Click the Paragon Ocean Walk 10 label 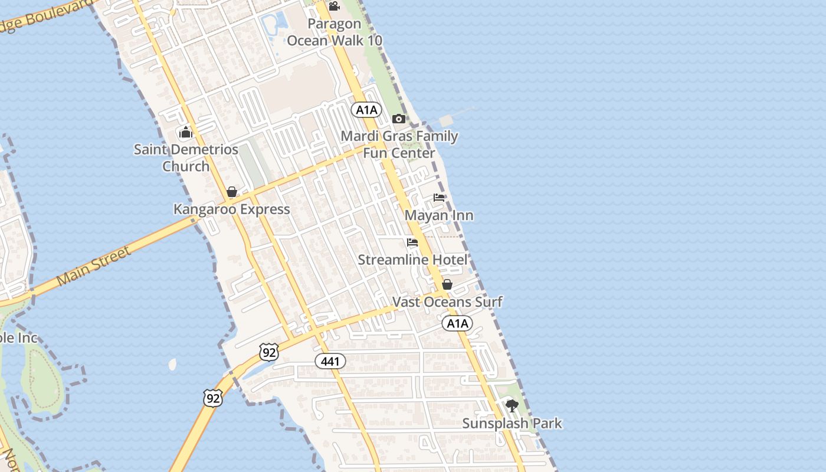(x=335, y=32)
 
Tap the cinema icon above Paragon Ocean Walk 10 (x=334, y=6)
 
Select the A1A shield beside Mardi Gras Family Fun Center (x=366, y=110)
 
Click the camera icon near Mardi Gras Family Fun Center (x=399, y=119)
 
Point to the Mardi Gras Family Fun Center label (x=399, y=145)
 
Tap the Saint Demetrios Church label (x=186, y=158)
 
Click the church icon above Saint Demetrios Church (x=186, y=132)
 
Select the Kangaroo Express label (x=231, y=209)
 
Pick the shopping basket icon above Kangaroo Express (x=232, y=192)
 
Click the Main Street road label (x=94, y=266)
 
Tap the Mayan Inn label (x=439, y=215)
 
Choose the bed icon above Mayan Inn (x=439, y=198)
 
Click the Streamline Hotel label (x=413, y=260)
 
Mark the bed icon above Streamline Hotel (x=412, y=242)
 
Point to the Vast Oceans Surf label (x=447, y=302)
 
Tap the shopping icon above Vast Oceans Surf (x=447, y=284)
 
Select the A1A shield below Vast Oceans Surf (x=457, y=323)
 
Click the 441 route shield (x=330, y=360)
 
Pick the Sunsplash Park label (x=512, y=424)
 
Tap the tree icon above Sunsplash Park (x=512, y=406)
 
